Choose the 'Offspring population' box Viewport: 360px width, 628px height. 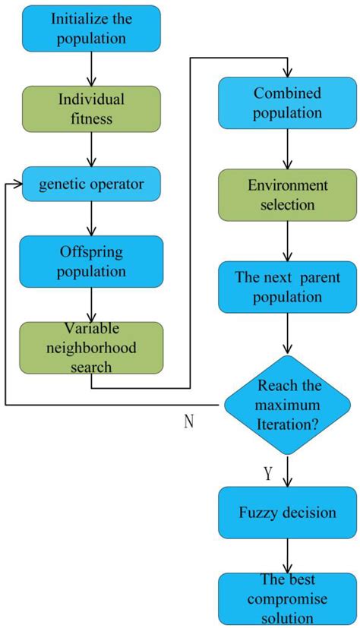click(91, 261)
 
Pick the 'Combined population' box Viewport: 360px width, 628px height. click(287, 103)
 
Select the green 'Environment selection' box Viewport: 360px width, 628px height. click(287, 195)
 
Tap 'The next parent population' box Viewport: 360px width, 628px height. click(287, 286)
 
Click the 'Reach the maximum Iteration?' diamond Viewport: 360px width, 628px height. click(287, 405)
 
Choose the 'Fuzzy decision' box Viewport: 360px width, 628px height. click(287, 513)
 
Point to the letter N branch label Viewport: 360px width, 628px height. click(189, 422)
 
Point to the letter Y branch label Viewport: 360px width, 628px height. click(268, 473)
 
